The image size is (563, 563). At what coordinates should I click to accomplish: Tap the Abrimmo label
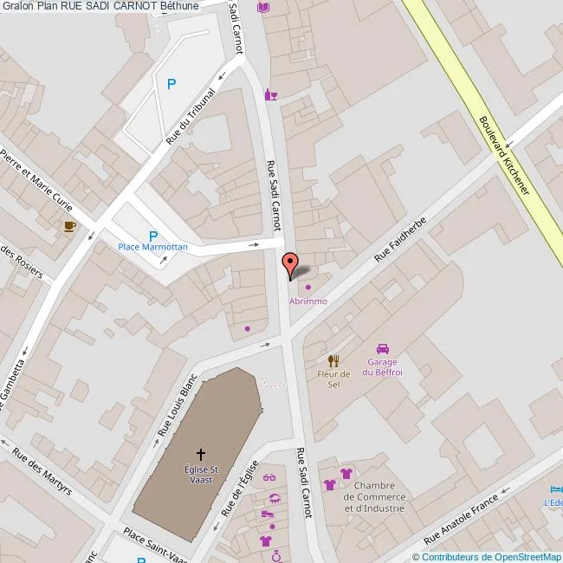click(x=308, y=301)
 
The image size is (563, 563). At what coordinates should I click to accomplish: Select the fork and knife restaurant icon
click(x=333, y=360)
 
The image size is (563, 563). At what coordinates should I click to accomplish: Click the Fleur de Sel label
click(x=333, y=379)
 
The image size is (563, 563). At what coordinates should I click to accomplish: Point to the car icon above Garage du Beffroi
click(x=383, y=349)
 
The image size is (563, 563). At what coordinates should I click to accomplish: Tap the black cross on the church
click(x=201, y=454)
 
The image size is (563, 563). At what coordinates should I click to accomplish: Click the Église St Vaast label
click(x=200, y=473)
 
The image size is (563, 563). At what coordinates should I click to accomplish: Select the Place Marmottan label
click(x=152, y=247)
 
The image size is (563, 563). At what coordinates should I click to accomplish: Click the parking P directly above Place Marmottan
click(x=153, y=236)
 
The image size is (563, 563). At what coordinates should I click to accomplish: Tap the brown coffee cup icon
click(x=69, y=226)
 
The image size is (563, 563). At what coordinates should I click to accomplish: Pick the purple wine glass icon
click(x=271, y=94)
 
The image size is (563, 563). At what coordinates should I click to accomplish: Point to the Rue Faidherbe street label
click(x=401, y=240)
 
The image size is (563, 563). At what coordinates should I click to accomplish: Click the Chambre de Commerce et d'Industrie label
click(x=374, y=496)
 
